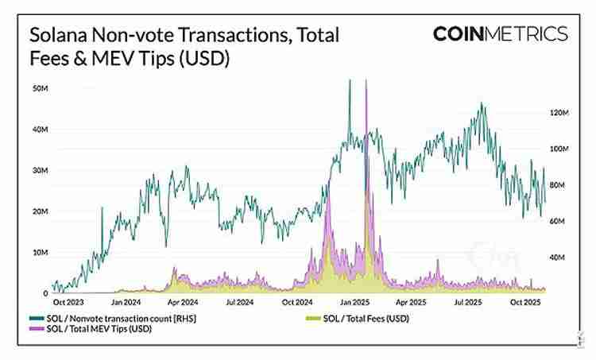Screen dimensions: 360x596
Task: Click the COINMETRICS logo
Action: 500,34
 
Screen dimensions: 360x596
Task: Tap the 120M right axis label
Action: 559,113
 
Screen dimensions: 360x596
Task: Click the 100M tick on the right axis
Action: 559,149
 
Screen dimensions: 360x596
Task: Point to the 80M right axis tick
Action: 559,185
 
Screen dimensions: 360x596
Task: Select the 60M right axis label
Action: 559,222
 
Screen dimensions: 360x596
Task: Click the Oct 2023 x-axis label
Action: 70,302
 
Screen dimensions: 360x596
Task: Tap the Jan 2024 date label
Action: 126,302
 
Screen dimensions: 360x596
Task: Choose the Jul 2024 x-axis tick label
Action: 239,302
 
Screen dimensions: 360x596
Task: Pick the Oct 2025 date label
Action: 524,302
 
